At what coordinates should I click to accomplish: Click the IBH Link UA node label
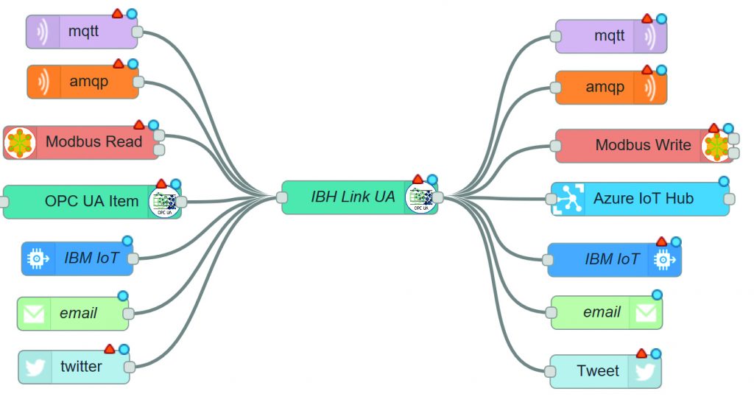coord(353,197)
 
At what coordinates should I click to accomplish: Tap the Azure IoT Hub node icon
coord(568,199)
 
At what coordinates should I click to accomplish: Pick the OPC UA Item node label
coord(91,200)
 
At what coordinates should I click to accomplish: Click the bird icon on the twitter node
coord(35,367)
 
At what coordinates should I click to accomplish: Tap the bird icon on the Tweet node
coord(644,371)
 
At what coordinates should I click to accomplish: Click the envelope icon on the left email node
coord(34,314)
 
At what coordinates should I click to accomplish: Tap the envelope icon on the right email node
coord(646,313)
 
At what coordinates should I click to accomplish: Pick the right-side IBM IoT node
coord(612,259)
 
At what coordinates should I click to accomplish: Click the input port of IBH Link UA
coord(281,197)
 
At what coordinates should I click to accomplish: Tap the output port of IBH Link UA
coord(438,197)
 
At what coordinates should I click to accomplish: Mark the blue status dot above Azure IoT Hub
coord(724,181)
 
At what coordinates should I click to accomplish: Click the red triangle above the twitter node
coord(109,349)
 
